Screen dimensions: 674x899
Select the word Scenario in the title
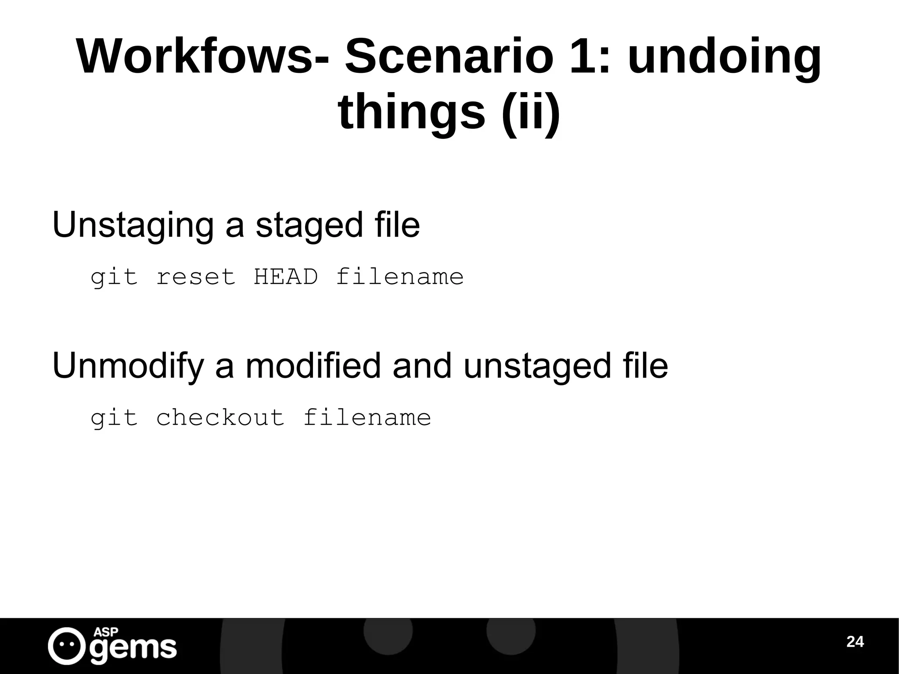[449, 57]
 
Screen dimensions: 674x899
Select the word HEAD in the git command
[286, 277]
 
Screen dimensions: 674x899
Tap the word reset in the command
[196, 277]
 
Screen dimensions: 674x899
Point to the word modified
[313, 365]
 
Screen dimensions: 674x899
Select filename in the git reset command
[400, 277]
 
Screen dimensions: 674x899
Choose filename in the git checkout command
[367, 418]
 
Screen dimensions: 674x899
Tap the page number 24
[855, 642]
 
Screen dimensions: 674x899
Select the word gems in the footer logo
[133, 649]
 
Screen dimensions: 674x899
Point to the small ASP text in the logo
[106, 632]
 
